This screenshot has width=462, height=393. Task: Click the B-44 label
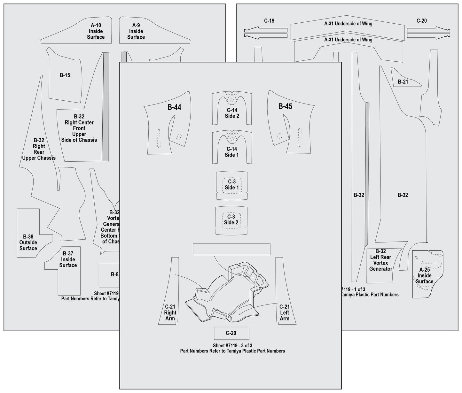[x=174, y=107]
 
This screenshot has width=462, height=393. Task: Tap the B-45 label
[x=285, y=106]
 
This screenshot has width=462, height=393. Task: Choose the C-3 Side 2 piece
[x=231, y=220]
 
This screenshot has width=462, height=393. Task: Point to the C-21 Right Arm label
[x=170, y=312]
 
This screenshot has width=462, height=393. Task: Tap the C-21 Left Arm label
[x=284, y=312]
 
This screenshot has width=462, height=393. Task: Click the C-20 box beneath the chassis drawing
[x=231, y=333]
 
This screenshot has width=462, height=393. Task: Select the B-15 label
[x=65, y=75]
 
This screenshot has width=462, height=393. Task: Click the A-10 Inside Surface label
[x=96, y=31]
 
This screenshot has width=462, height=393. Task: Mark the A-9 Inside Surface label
[x=136, y=31]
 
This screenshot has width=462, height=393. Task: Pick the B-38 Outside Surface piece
[x=28, y=242]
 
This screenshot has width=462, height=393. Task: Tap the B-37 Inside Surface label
[x=68, y=259]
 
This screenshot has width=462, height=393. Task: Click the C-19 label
[x=269, y=21]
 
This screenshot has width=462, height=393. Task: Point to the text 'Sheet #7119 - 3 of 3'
[x=232, y=345]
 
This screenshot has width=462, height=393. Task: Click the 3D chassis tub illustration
[x=228, y=294]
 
